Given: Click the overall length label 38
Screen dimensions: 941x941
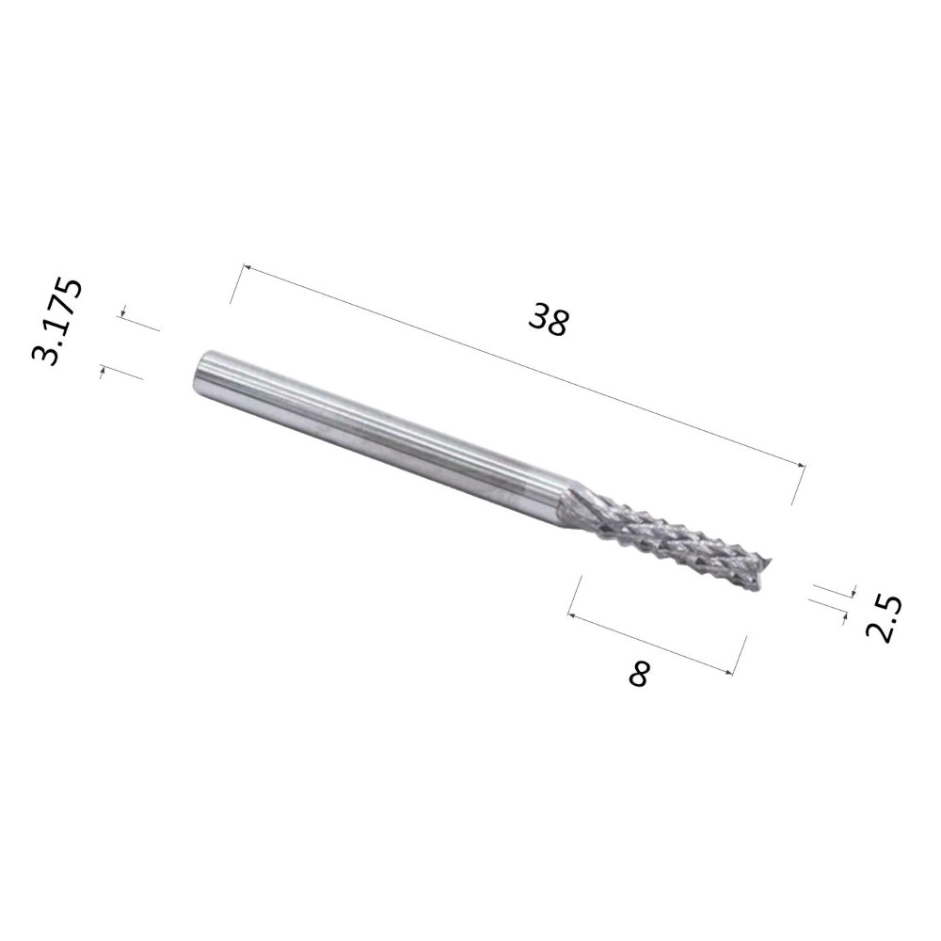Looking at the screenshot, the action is (548, 320).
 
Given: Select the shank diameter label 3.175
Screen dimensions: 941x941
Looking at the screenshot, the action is (56, 321).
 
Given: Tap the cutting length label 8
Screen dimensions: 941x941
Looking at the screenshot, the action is (639, 674).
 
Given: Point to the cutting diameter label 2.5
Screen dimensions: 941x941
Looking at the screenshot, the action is (884, 619).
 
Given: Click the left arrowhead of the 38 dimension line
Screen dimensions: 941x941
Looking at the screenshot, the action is (246, 267).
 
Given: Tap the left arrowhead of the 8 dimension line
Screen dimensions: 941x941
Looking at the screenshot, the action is (572, 615).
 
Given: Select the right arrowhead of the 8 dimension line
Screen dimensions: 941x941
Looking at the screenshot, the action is (729, 672).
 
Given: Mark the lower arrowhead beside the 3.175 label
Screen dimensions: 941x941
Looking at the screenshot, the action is (103, 372).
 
